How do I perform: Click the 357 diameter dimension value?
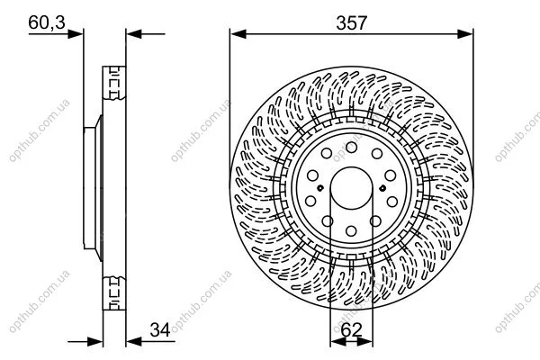[352, 23]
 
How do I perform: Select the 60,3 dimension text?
[47, 22]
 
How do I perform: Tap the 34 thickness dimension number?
[160, 330]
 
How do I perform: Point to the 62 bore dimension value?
[351, 330]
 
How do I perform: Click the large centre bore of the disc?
[351, 188]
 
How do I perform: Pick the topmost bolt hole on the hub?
[351, 148]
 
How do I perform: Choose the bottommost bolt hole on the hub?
[351, 230]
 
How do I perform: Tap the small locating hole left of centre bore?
[320, 188]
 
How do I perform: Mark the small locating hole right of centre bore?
[382, 188]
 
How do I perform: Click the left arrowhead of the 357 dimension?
[238, 34]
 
